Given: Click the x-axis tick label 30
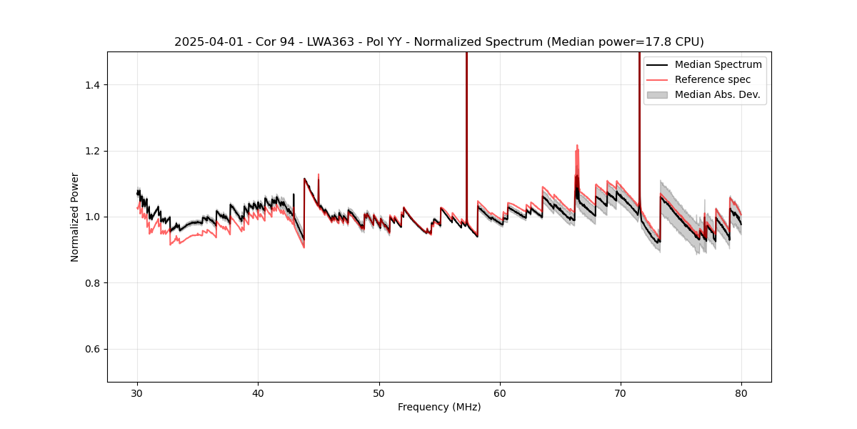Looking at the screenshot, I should (x=138, y=393).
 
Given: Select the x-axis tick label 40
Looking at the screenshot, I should (x=259, y=393).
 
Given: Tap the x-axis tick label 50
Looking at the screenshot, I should (x=379, y=393).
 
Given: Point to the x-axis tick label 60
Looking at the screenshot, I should (x=500, y=393).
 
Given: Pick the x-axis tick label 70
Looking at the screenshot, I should (x=621, y=393).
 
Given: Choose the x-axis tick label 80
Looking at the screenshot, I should (x=741, y=393).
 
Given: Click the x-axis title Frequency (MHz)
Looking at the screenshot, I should (x=439, y=407).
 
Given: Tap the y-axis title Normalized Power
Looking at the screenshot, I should (x=75, y=217).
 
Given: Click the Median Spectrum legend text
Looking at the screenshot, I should (x=718, y=64).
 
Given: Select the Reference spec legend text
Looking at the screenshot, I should (x=713, y=79).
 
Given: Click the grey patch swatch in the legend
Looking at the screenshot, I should (x=657, y=94).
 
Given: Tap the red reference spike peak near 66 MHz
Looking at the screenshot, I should (x=576, y=145).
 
